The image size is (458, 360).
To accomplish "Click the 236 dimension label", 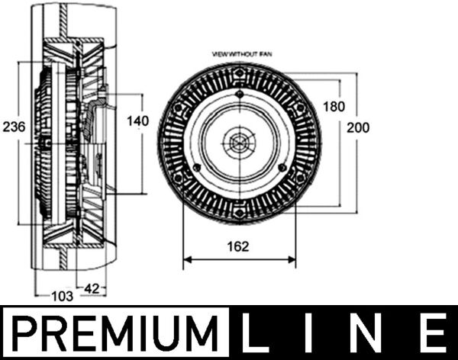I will tap(15, 126).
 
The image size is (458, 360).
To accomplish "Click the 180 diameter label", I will tap(334, 106).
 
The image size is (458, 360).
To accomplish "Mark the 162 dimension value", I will tap(240, 246).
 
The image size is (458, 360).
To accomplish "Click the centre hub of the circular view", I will tap(240, 143).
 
